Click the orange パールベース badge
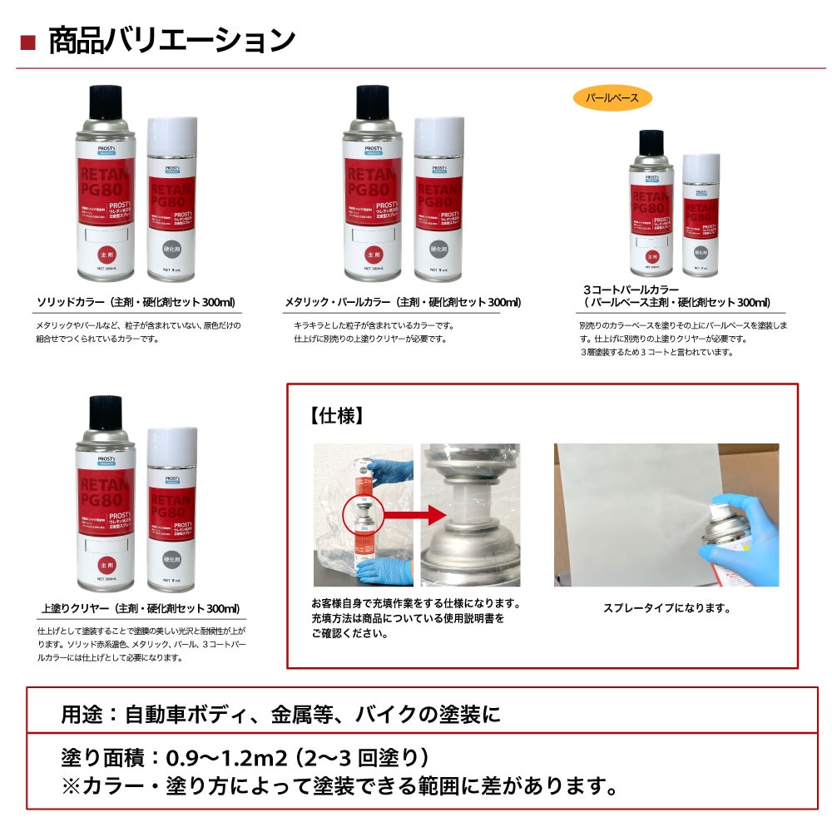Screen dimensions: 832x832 tap(612, 97)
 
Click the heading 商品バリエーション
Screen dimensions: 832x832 tap(171, 40)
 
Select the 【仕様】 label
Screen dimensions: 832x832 tap(337, 416)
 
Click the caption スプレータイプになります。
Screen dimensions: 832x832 tap(666, 608)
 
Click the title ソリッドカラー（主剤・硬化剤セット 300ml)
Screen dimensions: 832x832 tap(136, 302)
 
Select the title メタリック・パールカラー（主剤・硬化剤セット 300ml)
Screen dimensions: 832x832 tap(403, 302)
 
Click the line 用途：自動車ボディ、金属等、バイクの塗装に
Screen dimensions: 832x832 tap(281, 714)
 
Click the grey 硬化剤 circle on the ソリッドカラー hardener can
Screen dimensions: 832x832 tap(172, 248)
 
